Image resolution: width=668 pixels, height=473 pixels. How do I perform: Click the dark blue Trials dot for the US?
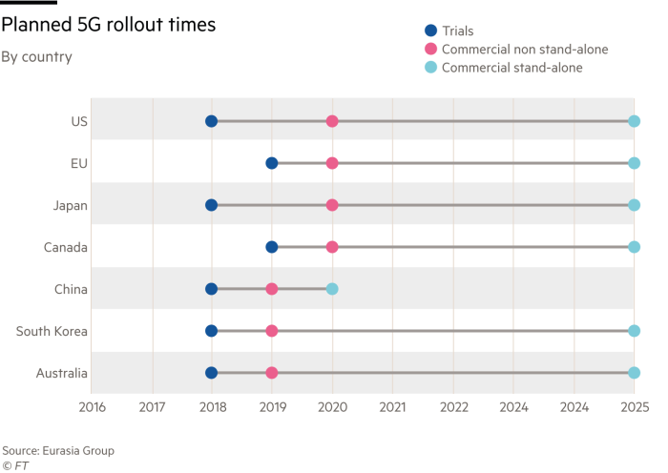[x=211, y=121]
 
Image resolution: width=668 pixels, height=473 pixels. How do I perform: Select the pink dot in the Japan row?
[x=332, y=205]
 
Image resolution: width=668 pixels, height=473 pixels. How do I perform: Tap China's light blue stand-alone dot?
[x=332, y=288]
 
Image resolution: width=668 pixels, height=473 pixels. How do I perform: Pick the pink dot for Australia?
[x=271, y=373]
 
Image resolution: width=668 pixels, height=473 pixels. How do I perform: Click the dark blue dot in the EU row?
[x=271, y=163]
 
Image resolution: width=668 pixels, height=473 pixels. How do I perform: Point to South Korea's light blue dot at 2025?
[x=635, y=331]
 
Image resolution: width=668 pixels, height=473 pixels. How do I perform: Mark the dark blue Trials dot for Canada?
[x=271, y=247]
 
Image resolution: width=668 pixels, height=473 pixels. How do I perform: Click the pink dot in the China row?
[x=271, y=288]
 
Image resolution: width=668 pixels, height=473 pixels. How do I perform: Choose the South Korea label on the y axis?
[x=52, y=331]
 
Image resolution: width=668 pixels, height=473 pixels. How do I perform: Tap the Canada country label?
[x=66, y=247]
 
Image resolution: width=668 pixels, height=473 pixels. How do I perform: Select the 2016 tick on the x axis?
[x=92, y=406]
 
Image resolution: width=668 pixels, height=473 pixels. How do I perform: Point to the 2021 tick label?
[x=392, y=406]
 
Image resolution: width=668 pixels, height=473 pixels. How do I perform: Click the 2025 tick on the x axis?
[x=635, y=406]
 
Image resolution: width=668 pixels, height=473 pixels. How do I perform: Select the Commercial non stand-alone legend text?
[x=524, y=49]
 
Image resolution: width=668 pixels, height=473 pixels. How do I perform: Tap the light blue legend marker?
[x=429, y=68]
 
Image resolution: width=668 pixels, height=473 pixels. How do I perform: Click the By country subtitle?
[x=36, y=57]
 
